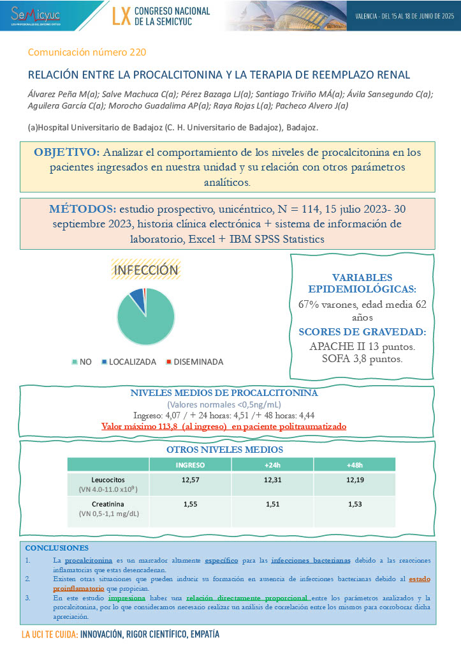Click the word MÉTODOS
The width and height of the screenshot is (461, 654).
coord(80,209)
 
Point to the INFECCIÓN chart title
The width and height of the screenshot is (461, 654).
coord(145,270)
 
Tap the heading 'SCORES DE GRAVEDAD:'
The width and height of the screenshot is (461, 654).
coord(362,331)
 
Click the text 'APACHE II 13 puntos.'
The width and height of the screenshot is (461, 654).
coord(362,346)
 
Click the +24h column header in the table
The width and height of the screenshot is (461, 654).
coord(265,464)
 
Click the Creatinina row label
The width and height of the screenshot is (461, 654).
coord(107,504)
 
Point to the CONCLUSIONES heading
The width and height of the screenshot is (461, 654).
coord(57,548)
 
